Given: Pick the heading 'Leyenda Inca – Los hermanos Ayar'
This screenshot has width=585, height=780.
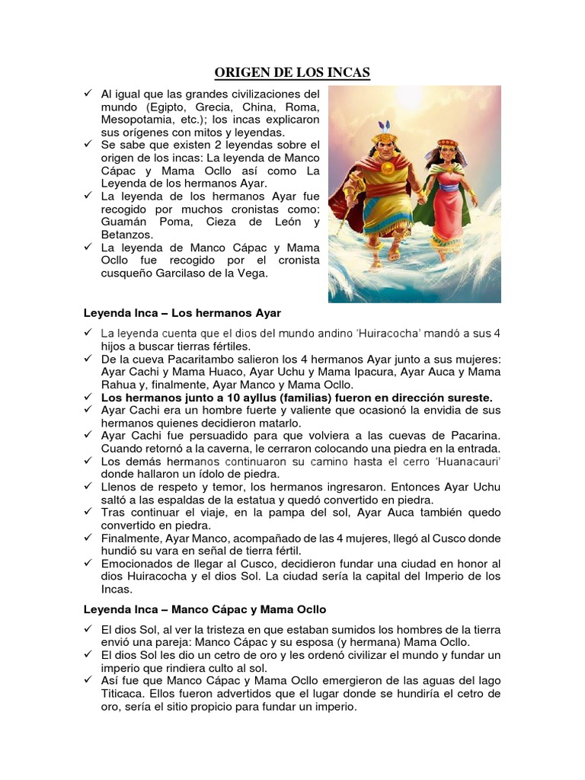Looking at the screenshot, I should point(182,313).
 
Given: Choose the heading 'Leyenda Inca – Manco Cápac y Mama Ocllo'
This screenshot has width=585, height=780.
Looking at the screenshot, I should point(204,609).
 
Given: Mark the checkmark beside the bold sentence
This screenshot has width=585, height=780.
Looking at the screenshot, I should point(88,397).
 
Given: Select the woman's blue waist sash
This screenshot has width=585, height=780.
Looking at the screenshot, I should point(450,191).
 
